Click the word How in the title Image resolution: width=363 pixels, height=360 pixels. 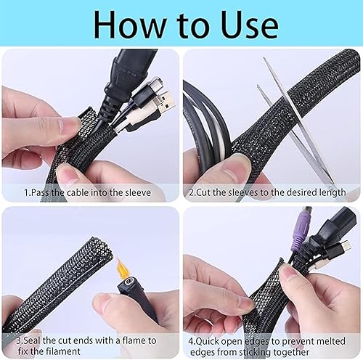tap(129, 25)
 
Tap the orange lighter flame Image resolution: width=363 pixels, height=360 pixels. tap(121, 268)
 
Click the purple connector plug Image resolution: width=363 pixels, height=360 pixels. tap(303, 227)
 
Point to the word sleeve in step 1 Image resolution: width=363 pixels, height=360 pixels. tap(138, 192)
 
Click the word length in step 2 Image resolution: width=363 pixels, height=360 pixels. tap(333, 192)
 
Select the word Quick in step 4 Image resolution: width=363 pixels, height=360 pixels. tap(207, 341)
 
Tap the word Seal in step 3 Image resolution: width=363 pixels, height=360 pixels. tap(32, 340)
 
